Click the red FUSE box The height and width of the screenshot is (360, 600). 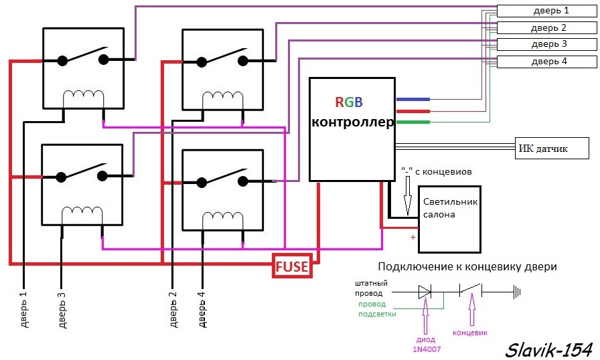click(292, 266)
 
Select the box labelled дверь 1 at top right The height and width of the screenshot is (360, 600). click(546, 10)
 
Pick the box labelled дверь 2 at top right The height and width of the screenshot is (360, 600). click(546, 27)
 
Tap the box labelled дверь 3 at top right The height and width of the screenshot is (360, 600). click(546, 44)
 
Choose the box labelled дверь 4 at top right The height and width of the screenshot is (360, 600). click(546, 62)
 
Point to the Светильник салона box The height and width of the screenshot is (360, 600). click(450, 219)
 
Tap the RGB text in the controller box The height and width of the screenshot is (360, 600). click(349, 102)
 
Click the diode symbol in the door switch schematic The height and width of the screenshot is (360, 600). click(425, 292)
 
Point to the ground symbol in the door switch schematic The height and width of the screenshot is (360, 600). click(517, 292)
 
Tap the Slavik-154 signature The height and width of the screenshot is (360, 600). click(549, 349)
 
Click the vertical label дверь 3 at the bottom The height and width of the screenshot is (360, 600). click(62, 308)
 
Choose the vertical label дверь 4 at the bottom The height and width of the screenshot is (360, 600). click(202, 308)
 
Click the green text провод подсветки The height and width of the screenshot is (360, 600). click(376, 308)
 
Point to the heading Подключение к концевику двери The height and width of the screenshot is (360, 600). click(467, 266)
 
